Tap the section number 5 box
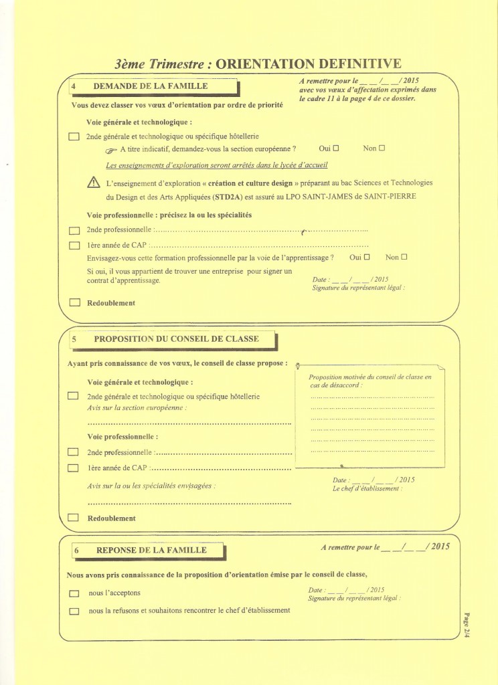pos(74,339)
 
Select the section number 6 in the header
pos(78,551)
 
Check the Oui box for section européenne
pos(336,148)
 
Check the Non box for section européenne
pos(382,148)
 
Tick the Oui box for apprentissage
pos(366,258)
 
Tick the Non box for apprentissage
pos(404,258)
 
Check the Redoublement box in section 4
pos(74,303)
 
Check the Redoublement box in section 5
pos(74,518)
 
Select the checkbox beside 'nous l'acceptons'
pos(74,593)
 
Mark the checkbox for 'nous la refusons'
pos(74,610)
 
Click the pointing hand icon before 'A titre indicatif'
pos(111,149)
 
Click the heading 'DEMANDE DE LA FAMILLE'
pos(150,86)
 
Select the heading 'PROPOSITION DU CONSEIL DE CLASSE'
pos(176,339)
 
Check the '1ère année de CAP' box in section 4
pos(74,245)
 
